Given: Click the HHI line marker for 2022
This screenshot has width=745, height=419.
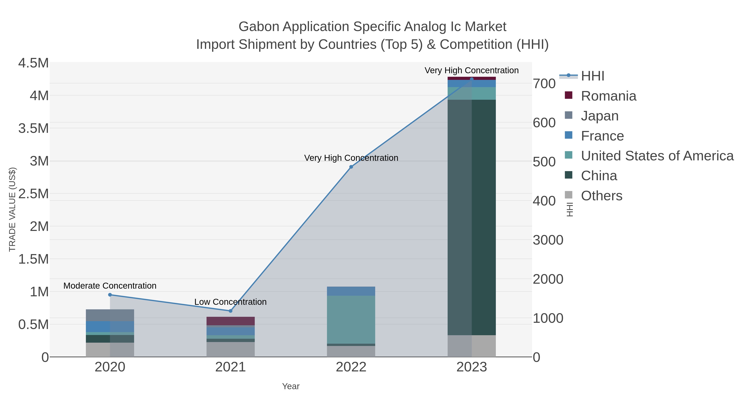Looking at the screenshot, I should [x=351, y=167].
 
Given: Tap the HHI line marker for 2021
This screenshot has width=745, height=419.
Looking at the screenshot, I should [x=231, y=311].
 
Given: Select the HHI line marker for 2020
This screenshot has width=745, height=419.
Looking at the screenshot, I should [x=110, y=295].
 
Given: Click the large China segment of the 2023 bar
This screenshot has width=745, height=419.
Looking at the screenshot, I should [x=472, y=217].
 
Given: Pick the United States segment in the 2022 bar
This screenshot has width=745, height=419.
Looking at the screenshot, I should [x=351, y=319].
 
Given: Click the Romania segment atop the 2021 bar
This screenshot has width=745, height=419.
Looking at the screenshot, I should [x=231, y=321].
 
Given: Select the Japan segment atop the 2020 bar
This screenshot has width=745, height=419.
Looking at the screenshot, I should [x=110, y=315].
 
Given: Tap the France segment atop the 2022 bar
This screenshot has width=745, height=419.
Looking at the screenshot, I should [x=351, y=291].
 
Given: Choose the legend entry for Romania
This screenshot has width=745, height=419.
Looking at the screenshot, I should [x=608, y=96].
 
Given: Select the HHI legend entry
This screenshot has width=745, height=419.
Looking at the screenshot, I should [x=592, y=76].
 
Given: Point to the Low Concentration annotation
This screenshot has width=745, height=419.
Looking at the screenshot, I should [x=231, y=302].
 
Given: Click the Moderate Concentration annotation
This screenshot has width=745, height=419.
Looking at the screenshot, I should [x=110, y=286].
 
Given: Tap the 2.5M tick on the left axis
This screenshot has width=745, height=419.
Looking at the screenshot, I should [x=34, y=194].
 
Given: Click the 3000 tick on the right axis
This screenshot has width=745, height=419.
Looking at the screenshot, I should [x=548, y=240].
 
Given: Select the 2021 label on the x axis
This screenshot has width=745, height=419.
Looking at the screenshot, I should [x=231, y=367].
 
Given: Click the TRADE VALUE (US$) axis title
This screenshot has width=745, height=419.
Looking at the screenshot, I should [x=12, y=209].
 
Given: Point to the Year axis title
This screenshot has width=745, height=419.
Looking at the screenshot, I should [x=291, y=386].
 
